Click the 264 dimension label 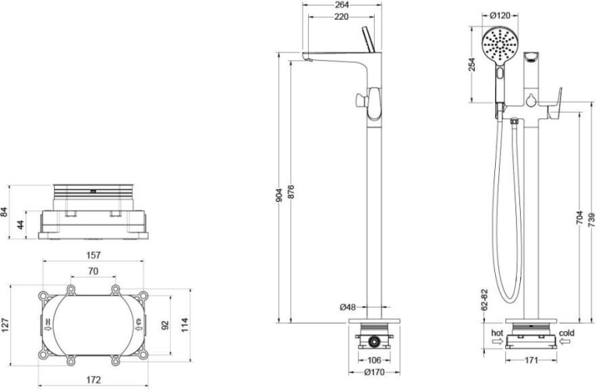[x=342, y=5]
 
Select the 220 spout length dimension [x=342, y=16]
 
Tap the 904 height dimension [x=279, y=196]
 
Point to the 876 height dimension [x=291, y=192]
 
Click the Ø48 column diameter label [x=347, y=307]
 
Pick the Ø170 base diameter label [x=374, y=372]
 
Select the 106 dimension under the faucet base [x=374, y=360]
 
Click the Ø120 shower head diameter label [x=500, y=16]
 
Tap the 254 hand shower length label [x=472, y=65]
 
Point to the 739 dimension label [x=592, y=220]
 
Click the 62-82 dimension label [x=484, y=300]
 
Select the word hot [x=497, y=333]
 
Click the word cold [x=567, y=333]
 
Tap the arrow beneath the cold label [x=564, y=341]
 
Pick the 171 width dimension [x=531, y=360]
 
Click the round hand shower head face [x=500, y=45]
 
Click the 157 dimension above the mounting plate [x=94, y=255]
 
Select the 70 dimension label [x=93, y=271]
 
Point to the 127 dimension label [x=5, y=325]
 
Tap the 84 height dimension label [x=4, y=212]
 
